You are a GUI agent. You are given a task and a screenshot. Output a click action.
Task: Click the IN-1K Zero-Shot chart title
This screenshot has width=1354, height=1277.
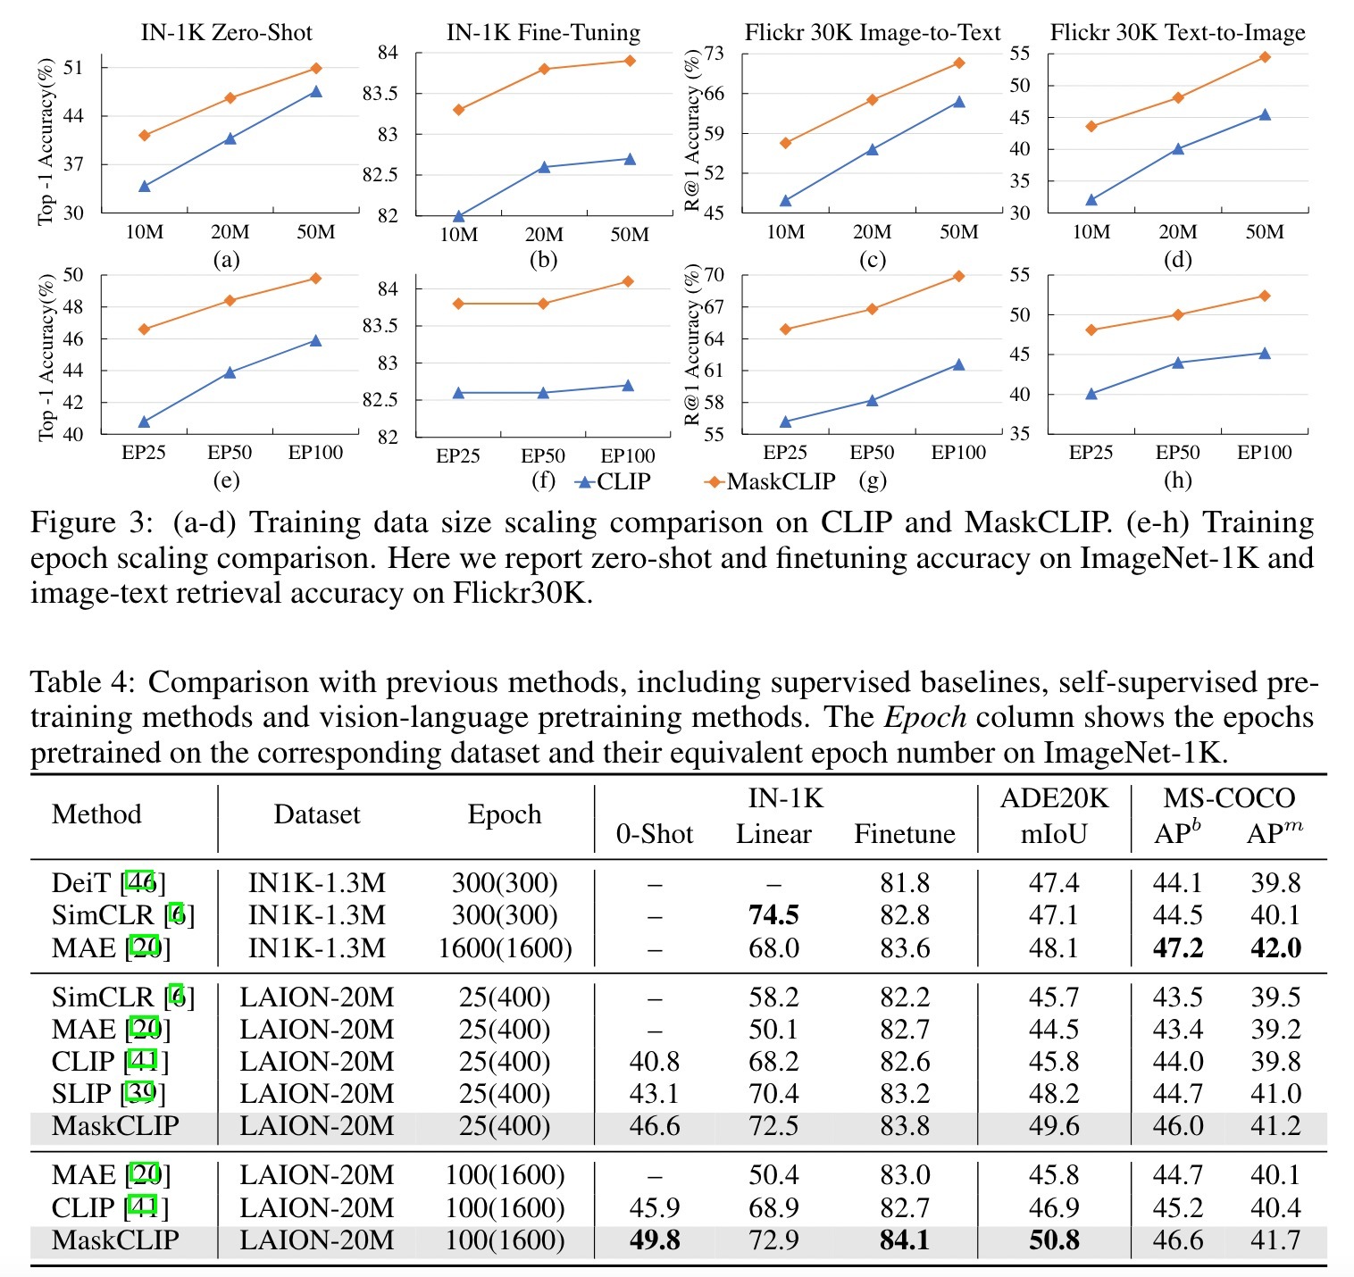tap(227, 33)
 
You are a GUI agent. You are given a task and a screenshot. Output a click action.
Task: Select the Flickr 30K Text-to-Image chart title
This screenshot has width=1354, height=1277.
tap(1177, 33)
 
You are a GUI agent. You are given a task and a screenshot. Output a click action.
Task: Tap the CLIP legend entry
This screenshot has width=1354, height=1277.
tap(614, 481)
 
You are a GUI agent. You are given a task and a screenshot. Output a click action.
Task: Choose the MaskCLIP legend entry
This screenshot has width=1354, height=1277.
tap(771, 481)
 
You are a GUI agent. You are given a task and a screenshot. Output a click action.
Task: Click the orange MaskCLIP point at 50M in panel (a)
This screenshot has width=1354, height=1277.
tap(316, 68)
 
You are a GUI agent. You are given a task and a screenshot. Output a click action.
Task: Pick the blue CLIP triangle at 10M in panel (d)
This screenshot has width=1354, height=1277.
tap(1091, 199)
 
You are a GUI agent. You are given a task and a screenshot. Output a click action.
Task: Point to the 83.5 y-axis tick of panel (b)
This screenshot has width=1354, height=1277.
tap(380, 94)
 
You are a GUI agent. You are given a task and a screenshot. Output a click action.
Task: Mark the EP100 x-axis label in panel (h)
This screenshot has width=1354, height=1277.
tap(1264, 453)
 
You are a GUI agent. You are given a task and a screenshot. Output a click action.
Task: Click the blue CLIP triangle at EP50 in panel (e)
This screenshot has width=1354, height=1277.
tap(230, 371)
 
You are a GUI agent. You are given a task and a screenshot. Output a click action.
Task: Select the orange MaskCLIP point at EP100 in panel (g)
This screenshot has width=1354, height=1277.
tap(959, 276)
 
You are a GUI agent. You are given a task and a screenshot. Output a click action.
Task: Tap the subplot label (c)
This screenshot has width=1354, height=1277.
tap(872, 260)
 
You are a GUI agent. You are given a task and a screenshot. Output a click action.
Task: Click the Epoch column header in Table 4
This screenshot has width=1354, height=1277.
tap(505, 814)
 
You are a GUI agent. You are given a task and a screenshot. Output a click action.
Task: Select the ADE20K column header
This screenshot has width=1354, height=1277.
tap(1054, 798)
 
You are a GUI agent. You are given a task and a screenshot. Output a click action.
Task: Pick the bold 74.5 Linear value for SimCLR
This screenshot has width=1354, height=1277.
tap(773, 915)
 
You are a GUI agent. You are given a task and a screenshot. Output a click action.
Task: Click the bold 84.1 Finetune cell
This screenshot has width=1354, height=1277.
tap(905, 1240)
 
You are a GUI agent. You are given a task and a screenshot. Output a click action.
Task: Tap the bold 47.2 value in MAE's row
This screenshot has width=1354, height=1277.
tap(1178, 947)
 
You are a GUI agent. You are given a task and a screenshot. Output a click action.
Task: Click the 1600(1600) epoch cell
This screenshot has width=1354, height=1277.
tap(505, 947)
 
